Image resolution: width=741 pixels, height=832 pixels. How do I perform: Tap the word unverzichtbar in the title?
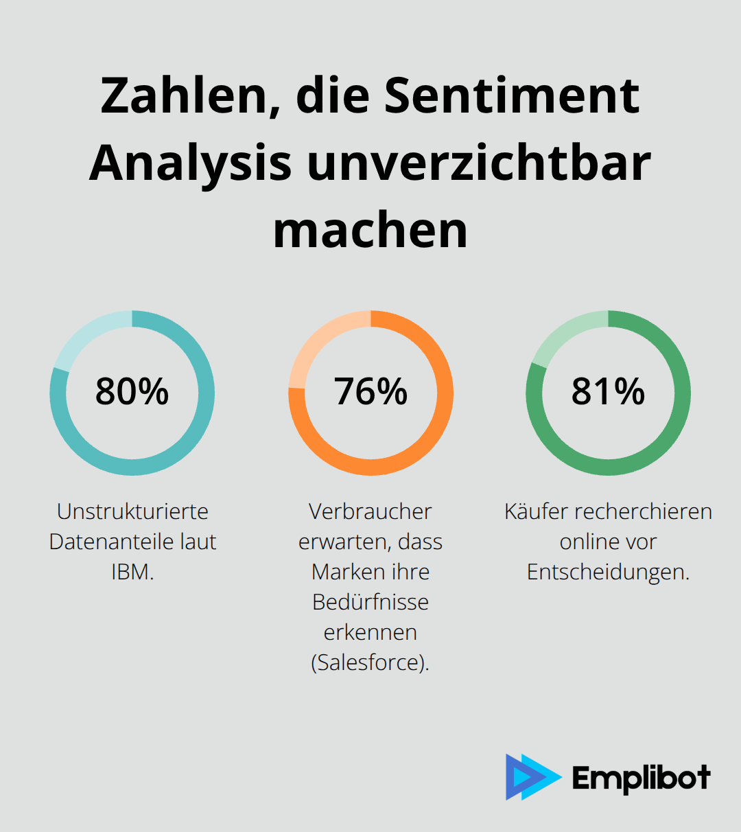(x=479, y=163)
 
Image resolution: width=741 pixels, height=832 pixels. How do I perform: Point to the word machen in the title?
(x=370, y=231)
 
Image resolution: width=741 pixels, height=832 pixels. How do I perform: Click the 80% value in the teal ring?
(x=132, y=392)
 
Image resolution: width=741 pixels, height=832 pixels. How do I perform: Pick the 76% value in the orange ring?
(x=370, y=392)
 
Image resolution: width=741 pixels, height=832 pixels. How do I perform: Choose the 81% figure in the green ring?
(x=608, y=392)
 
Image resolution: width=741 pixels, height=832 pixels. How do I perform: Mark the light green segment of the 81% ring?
(x=566, y=334)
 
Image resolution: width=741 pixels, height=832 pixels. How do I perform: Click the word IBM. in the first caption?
(x=132, y=572)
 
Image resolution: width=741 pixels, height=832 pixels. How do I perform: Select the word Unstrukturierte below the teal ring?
(x=132, y=511)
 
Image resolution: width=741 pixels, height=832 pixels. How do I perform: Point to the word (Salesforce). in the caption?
(x=370, y=662)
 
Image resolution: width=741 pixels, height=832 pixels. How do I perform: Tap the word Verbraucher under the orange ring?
(x=370, y=511)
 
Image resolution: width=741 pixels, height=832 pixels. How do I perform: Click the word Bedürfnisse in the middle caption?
(x=370, y=602)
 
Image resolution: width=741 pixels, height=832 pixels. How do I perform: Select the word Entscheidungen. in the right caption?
(x=608, y=572)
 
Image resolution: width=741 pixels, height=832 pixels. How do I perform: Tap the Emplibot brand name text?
(x=641, y=778)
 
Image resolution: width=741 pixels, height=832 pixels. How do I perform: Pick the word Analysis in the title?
(x=190, y=163)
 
